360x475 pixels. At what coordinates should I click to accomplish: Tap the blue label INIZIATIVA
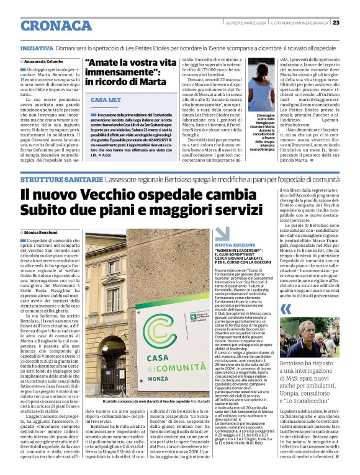point(37,47)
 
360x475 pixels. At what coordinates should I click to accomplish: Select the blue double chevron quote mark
point(286,309)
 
